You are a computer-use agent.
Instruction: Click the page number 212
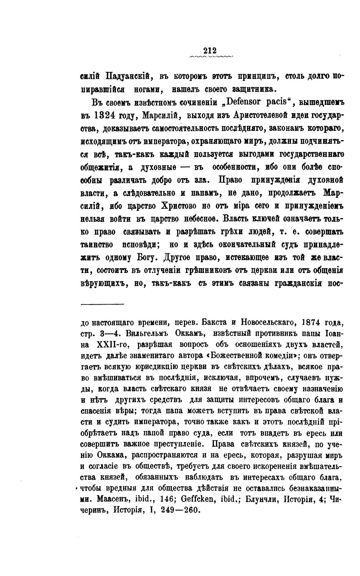tap(210, 51)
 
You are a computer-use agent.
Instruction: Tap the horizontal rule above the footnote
tap(102, 304)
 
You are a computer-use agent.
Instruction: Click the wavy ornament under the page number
tap(210, 57)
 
